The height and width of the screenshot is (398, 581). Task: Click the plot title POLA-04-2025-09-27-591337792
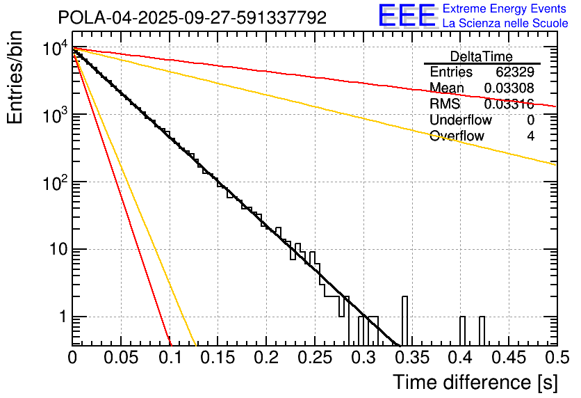click(x=192, y=18)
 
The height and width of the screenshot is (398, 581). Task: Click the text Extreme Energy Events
click(x=505, y=10)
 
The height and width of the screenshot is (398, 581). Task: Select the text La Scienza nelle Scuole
click(x=505, y=24)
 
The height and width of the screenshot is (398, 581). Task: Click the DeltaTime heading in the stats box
click(x=482, y=56)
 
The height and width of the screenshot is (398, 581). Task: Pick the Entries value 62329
click(x=515, y=72)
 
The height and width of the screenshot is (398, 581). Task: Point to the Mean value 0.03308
click(x=509, y=88)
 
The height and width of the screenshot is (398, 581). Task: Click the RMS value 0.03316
click(x=509, y=104)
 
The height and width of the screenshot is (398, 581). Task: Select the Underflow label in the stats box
click(x=458, y=120)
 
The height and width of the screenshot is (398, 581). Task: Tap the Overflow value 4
click(x=530, y=136)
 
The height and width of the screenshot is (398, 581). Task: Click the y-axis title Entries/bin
click(x=15, y=78)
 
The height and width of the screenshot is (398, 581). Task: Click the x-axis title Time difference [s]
click(x=474, y=382)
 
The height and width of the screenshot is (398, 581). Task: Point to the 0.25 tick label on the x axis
click(x=314, y=358)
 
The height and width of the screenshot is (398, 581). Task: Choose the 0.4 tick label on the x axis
click(x=460, y=358)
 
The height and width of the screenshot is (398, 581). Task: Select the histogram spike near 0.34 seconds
click(x=405, y=320)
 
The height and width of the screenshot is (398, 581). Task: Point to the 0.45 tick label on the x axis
click(x=508, y=358)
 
